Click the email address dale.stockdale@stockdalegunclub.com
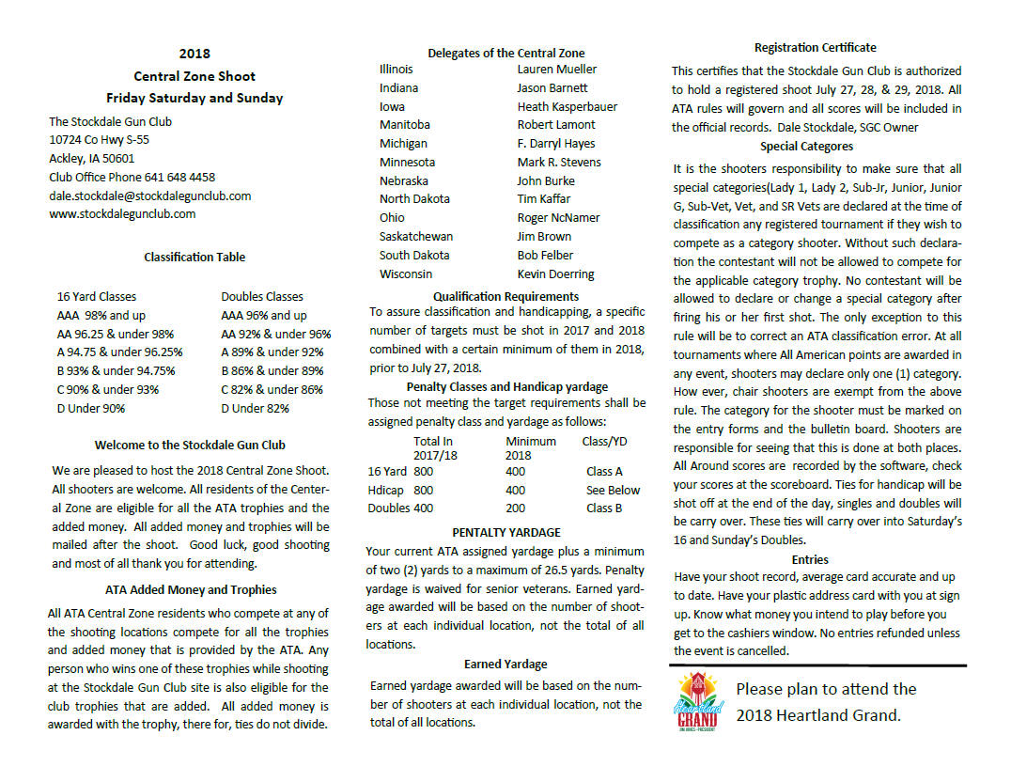tap(149, 195)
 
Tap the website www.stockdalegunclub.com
tap(122, 213)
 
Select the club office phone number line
tap(132, 177)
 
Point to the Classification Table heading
tap(194, 257)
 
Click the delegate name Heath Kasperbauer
tap(567, 106)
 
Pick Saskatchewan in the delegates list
tap(415, 236)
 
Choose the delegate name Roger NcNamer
tap(558, 217)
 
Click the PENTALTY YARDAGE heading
tap(506, 532)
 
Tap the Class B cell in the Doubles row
tap(603, 508)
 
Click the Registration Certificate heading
tap(816, 48)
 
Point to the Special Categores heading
tap(806, 147)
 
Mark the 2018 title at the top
tap(194, 54)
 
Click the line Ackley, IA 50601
tap(91, 158)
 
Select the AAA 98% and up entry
tap(101, 315)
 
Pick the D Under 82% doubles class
tap(255, 408)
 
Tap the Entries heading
tap(810, 559)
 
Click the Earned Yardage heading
tap(506, 665)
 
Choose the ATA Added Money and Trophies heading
tap(191, 589)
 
